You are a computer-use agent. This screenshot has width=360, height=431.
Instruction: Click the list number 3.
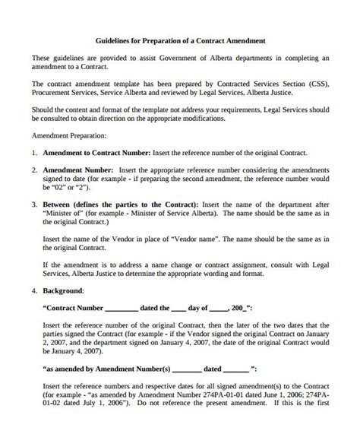(x=34, y=205)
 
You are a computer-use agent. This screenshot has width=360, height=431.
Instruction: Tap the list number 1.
(x=34, y=153)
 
